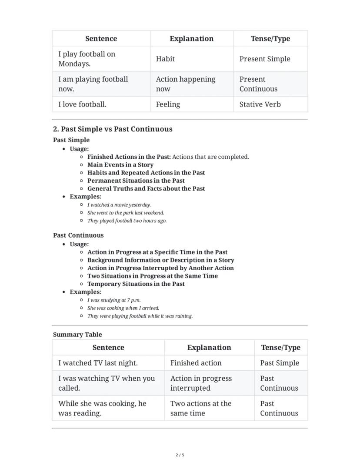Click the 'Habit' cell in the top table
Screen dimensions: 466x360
pyautogui.click(x=165, y=59)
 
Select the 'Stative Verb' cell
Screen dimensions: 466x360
pyautogui.click(x=260, y=104)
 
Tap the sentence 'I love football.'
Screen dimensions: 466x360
pyautogui.click(x=82, y=104)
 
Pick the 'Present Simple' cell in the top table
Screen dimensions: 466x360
pyautogui.click(x=265, y=59)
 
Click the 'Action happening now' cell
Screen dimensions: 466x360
pyautogui.click(x=186, y=84)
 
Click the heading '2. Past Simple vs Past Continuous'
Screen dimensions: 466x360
pyautogui.click(x=113, y=129)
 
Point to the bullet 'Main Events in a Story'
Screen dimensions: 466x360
pyautogui.click(x=120, y=165)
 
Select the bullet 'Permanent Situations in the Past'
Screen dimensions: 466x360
pyautogui.click(x=136, y=181)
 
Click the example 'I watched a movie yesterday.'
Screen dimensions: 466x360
pyautogui.click(x=119, y=205)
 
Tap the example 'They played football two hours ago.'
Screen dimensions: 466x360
pyautogui.click(x=127, y=221)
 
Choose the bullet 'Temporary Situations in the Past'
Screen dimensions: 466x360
pyautogui.click(x=136, y=284)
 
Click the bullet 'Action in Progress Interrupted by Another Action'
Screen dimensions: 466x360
pyautogui.click(x=160, y=268)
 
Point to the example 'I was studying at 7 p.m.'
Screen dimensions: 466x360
pyautogui.click(x=114, y=300)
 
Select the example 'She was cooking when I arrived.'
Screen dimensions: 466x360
pyautogui.click(x=123, y=308)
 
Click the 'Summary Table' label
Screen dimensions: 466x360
pyautogui.click(x=77, y=335)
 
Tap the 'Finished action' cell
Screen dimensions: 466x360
pyautogui.click(x=196, y=363)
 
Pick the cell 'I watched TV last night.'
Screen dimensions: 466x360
pyautogui.click(x=98, y=363)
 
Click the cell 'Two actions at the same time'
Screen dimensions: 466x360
pyautogui.click(x=200, y=408)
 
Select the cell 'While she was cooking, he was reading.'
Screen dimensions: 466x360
pyautogui.click(x=102, y=408)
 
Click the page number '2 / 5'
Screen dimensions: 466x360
pyautogui.click(x=180, y=455)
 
